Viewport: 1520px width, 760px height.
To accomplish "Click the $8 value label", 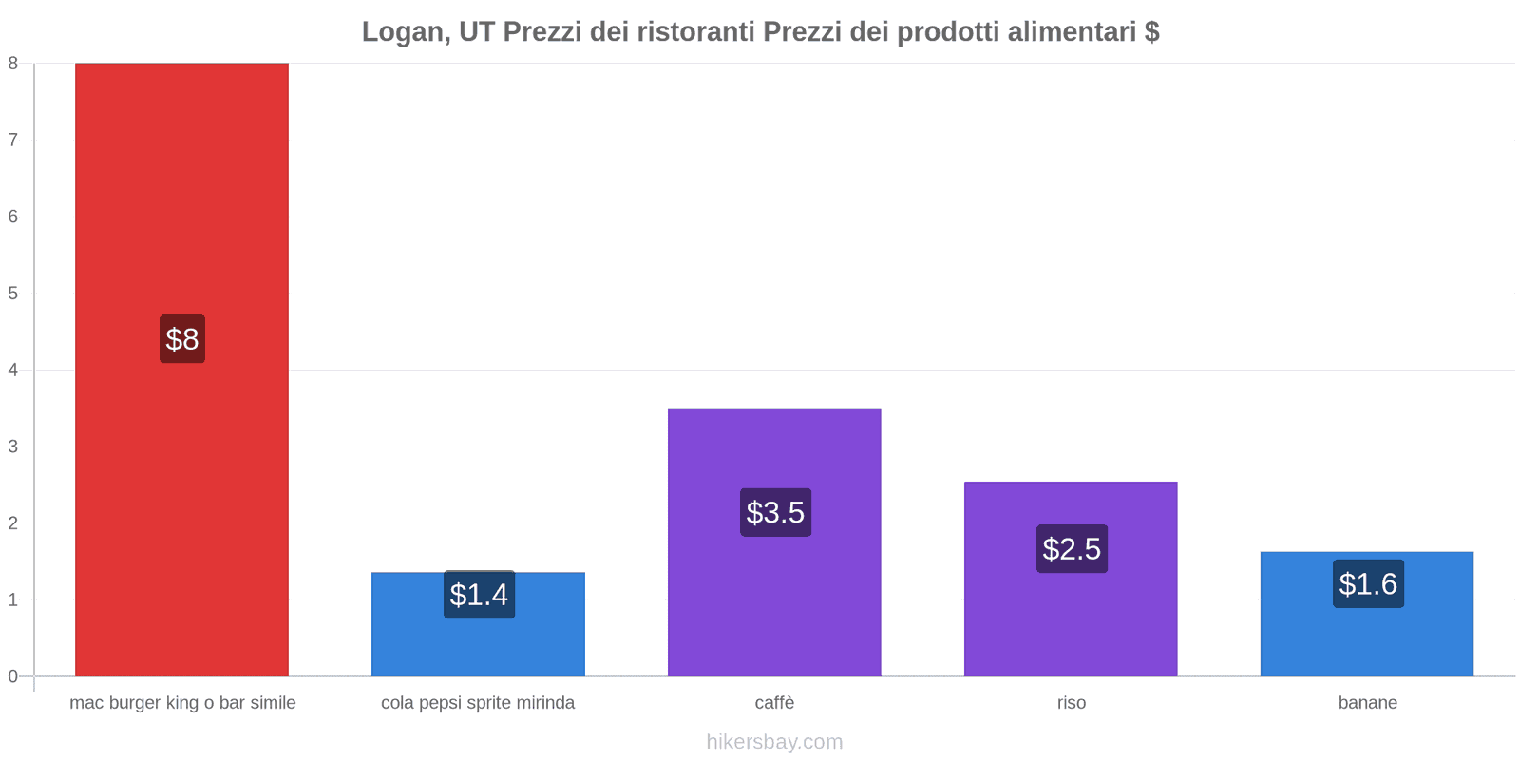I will click(x=182, y=339).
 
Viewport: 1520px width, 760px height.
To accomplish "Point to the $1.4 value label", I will click(x=479, y=595).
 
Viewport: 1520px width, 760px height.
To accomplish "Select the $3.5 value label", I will click(x=775, y=513).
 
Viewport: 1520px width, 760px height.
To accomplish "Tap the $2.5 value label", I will click(x=1072, y=549).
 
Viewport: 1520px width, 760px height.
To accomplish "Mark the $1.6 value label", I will click(x=1368, y=584).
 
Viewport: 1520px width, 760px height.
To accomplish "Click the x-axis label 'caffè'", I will click(x=774, y=703).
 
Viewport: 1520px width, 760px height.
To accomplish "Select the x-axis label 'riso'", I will click(x=1071, y=703).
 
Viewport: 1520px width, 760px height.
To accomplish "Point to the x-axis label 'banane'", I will click(x=1367, y=703).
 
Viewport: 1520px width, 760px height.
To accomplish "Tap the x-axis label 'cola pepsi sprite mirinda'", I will click(x=478, y=703).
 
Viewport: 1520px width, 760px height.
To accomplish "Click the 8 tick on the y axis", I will click(x=13, y=64).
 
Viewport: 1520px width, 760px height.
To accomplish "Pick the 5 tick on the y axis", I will click(x=13, y=294).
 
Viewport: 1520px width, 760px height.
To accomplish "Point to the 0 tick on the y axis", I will click(x=13, y=676).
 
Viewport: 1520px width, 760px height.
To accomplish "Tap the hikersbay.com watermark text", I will click(x=774, y=742).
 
